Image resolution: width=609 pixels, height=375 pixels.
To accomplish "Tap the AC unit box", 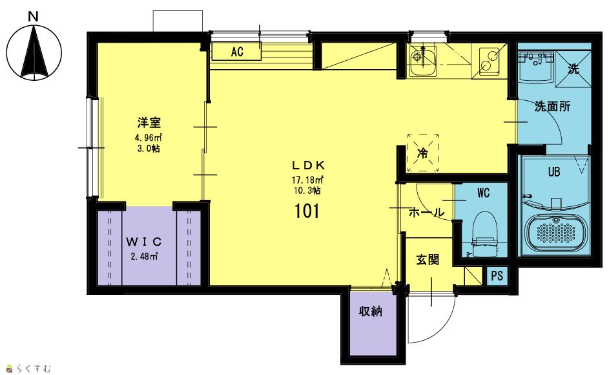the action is click(x=236, y=51).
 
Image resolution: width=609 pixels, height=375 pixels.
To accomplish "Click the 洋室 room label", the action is click(x=149, y=123).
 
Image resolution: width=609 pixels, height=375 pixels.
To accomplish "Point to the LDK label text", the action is click(x=309, y=166).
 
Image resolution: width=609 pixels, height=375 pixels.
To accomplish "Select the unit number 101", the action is click(x=307, y=211).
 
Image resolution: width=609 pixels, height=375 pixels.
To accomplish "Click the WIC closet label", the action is click(x=144, y=242).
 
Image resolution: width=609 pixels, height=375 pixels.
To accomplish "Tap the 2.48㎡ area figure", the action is click(x=144, y=256).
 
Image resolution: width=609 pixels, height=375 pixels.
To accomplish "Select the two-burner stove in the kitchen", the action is click(x=489, y=61).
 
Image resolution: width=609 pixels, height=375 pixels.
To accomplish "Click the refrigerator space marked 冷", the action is click(x=422, y=153).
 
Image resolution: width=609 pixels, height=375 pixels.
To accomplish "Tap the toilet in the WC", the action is click(x=484, y=234).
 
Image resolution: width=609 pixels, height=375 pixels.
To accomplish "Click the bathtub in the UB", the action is click(x=556, y=232).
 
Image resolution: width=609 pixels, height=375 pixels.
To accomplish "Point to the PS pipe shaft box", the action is click(x=497, y=276).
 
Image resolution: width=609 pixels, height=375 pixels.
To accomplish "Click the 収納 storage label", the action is click(x=371, y=311).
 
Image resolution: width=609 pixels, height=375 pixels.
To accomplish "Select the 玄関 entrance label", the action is click(x=428, y=259).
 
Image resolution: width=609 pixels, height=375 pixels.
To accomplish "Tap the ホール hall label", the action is click(x=426, y=213).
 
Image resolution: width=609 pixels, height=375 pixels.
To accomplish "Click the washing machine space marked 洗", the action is click(x=573, y=69).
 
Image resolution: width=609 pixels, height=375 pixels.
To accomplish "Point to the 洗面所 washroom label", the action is click(x=552, y=106).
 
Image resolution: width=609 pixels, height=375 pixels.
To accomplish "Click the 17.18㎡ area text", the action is click(x=307, y=180).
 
